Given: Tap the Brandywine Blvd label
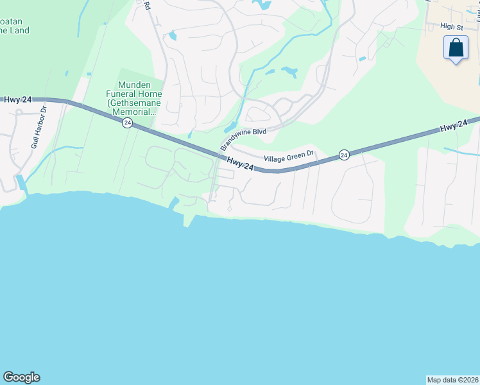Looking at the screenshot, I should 243,137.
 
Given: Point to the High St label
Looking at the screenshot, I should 451,26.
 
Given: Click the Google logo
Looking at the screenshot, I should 21,377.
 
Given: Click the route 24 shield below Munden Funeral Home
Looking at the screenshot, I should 128,123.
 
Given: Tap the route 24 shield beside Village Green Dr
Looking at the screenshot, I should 344,155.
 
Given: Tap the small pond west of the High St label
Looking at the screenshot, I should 363,59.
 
